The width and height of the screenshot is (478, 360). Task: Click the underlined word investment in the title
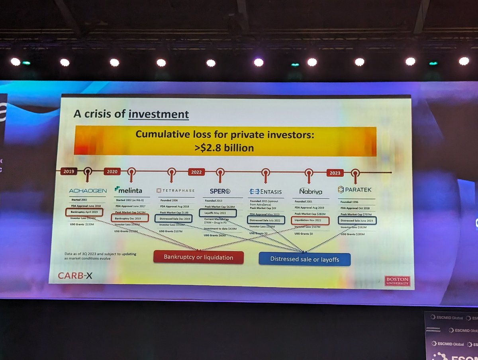pyautogui.click(x=159, y=114)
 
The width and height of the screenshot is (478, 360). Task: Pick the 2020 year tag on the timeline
pyautogui.click(x=112, y=172)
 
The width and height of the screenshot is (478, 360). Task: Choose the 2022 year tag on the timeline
pyautogui.click(x=196, y=172)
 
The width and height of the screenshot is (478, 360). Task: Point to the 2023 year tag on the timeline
pyautogui.click(x=335, y=173)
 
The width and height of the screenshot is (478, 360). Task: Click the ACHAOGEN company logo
pyautogui.click(x=88, y=191)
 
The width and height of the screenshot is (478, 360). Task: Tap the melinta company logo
pyautogui.click(x=128, y=190)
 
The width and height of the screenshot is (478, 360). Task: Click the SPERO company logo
pyautogui.click(x=220, y=191)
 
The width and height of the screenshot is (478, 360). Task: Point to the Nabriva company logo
pyautogui.click(x=311, y=192)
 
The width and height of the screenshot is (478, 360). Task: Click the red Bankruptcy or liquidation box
pyautogui.click(x=198, y=257)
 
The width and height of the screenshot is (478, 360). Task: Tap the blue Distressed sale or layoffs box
pyautogui.click(x=305, y=259)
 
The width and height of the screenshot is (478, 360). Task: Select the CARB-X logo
pyautogui.click(x=75, y=275)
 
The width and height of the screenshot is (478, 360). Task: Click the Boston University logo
pyautogui.click(x=397, y=281)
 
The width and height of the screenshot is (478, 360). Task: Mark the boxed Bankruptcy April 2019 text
pyautogui.click(x=84, y=212)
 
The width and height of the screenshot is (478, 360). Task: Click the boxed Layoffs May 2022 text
pyautogui.click(x=217, y=213)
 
